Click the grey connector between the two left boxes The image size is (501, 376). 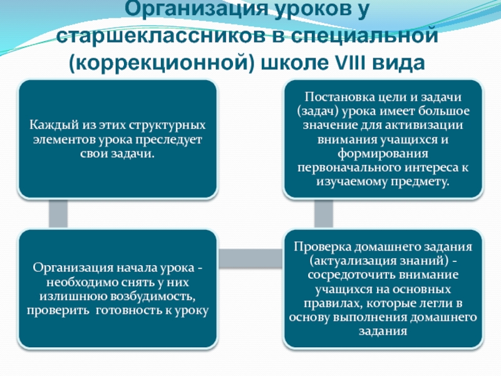coord(58,214)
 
